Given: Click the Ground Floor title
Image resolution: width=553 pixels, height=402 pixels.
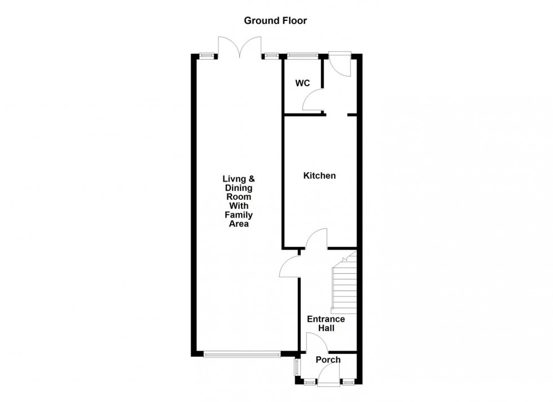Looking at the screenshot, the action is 275,21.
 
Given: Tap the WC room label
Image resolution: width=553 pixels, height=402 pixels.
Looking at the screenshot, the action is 302,84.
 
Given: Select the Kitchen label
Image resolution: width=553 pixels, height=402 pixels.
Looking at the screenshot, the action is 319,176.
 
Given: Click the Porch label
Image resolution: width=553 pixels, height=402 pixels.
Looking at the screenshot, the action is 328,360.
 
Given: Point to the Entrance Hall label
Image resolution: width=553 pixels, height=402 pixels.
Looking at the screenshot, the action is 326,324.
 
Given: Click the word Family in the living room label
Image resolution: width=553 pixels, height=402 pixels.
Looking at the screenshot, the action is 239,215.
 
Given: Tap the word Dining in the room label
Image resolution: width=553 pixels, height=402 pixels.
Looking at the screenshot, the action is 239,188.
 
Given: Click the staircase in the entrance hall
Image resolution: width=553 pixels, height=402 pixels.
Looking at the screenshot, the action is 345,282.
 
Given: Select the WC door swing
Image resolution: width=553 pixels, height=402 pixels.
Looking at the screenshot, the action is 313,100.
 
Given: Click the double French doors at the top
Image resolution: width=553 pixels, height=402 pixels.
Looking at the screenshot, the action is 240,47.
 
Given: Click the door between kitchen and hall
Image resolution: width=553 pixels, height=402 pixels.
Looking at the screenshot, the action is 317,239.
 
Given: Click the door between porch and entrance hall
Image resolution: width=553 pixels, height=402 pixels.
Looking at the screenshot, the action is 317,342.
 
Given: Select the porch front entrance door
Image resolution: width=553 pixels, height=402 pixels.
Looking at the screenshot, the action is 328,375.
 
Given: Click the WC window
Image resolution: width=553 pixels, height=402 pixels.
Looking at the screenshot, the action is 302,55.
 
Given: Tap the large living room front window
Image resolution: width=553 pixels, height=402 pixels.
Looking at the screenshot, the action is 242,353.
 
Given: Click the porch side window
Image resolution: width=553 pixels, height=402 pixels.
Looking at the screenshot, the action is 296,368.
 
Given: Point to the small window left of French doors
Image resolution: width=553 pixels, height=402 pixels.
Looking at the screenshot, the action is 207,55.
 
